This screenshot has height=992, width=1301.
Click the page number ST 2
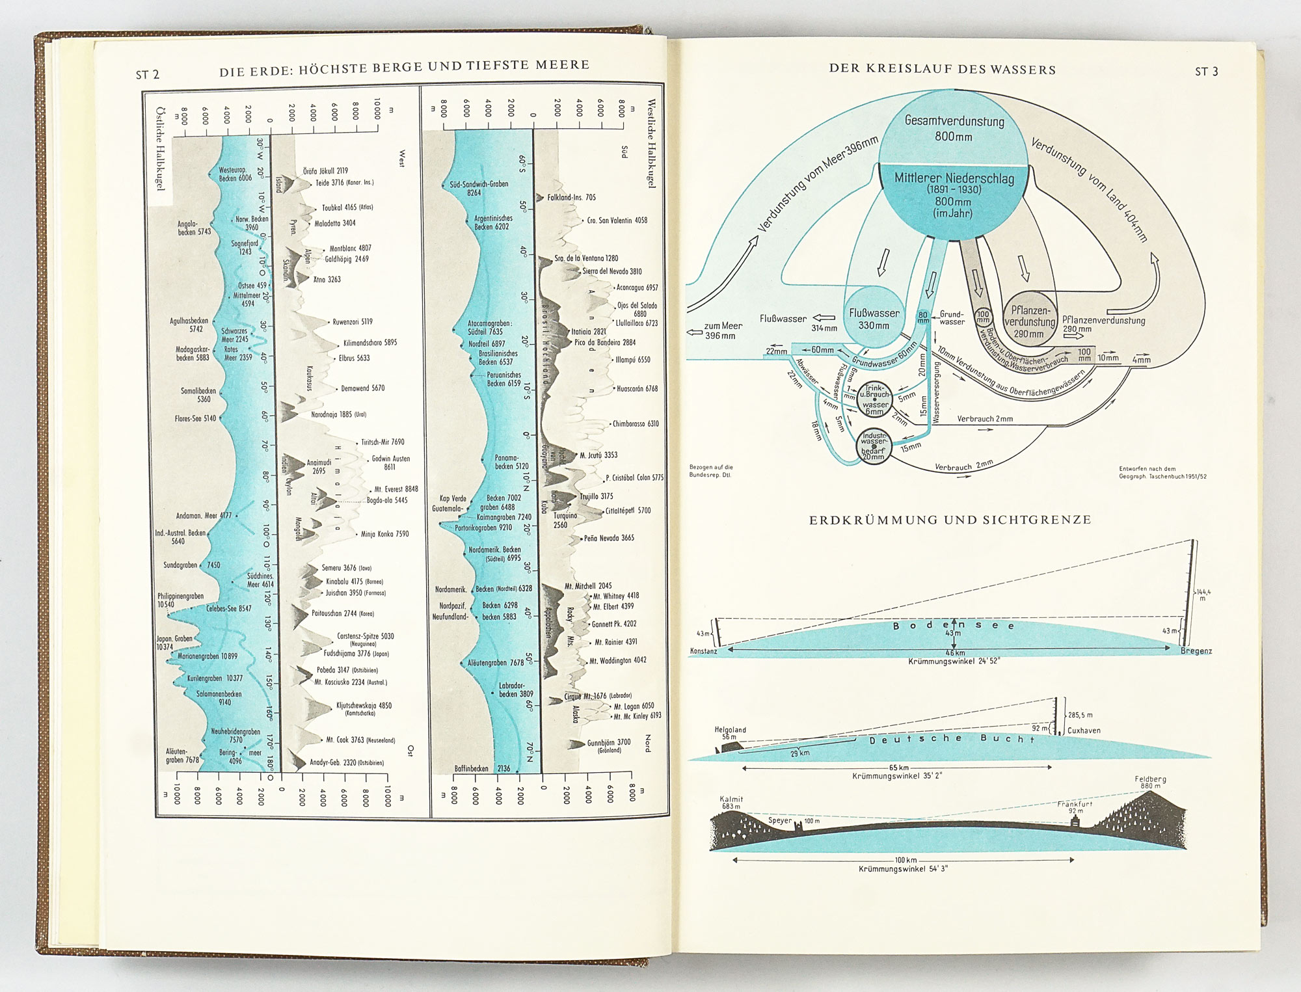[x=147, y=75]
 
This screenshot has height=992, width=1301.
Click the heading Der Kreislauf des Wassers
[x=942, y=70]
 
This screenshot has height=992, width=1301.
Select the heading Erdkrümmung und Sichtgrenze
[x=950, y=520]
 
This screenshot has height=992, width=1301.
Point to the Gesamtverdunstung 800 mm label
[x=954, y=128]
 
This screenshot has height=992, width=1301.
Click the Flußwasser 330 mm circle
[x=874, y=319]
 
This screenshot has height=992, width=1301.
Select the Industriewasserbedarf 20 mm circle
[x=873, y=446]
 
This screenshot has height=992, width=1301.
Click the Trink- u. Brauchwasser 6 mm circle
[x=875, y=399]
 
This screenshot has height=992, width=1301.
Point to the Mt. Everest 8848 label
[x=396, y=489]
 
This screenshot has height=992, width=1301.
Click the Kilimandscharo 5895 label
[x=369, y=343]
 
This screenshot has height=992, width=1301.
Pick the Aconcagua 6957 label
[x=637, y=288]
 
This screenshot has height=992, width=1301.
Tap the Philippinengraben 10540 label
[x=179, y=600]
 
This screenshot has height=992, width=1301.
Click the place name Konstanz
[x=703, y=651]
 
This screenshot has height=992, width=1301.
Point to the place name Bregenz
[x=1196, y=651]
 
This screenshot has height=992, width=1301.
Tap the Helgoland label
[x=730, y=730]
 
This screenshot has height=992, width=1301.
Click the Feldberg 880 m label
[x=1150, y=782]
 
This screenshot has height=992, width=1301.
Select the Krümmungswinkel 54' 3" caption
[x=903, y=869]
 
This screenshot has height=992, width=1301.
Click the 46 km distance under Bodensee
[x=955, y=652]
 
